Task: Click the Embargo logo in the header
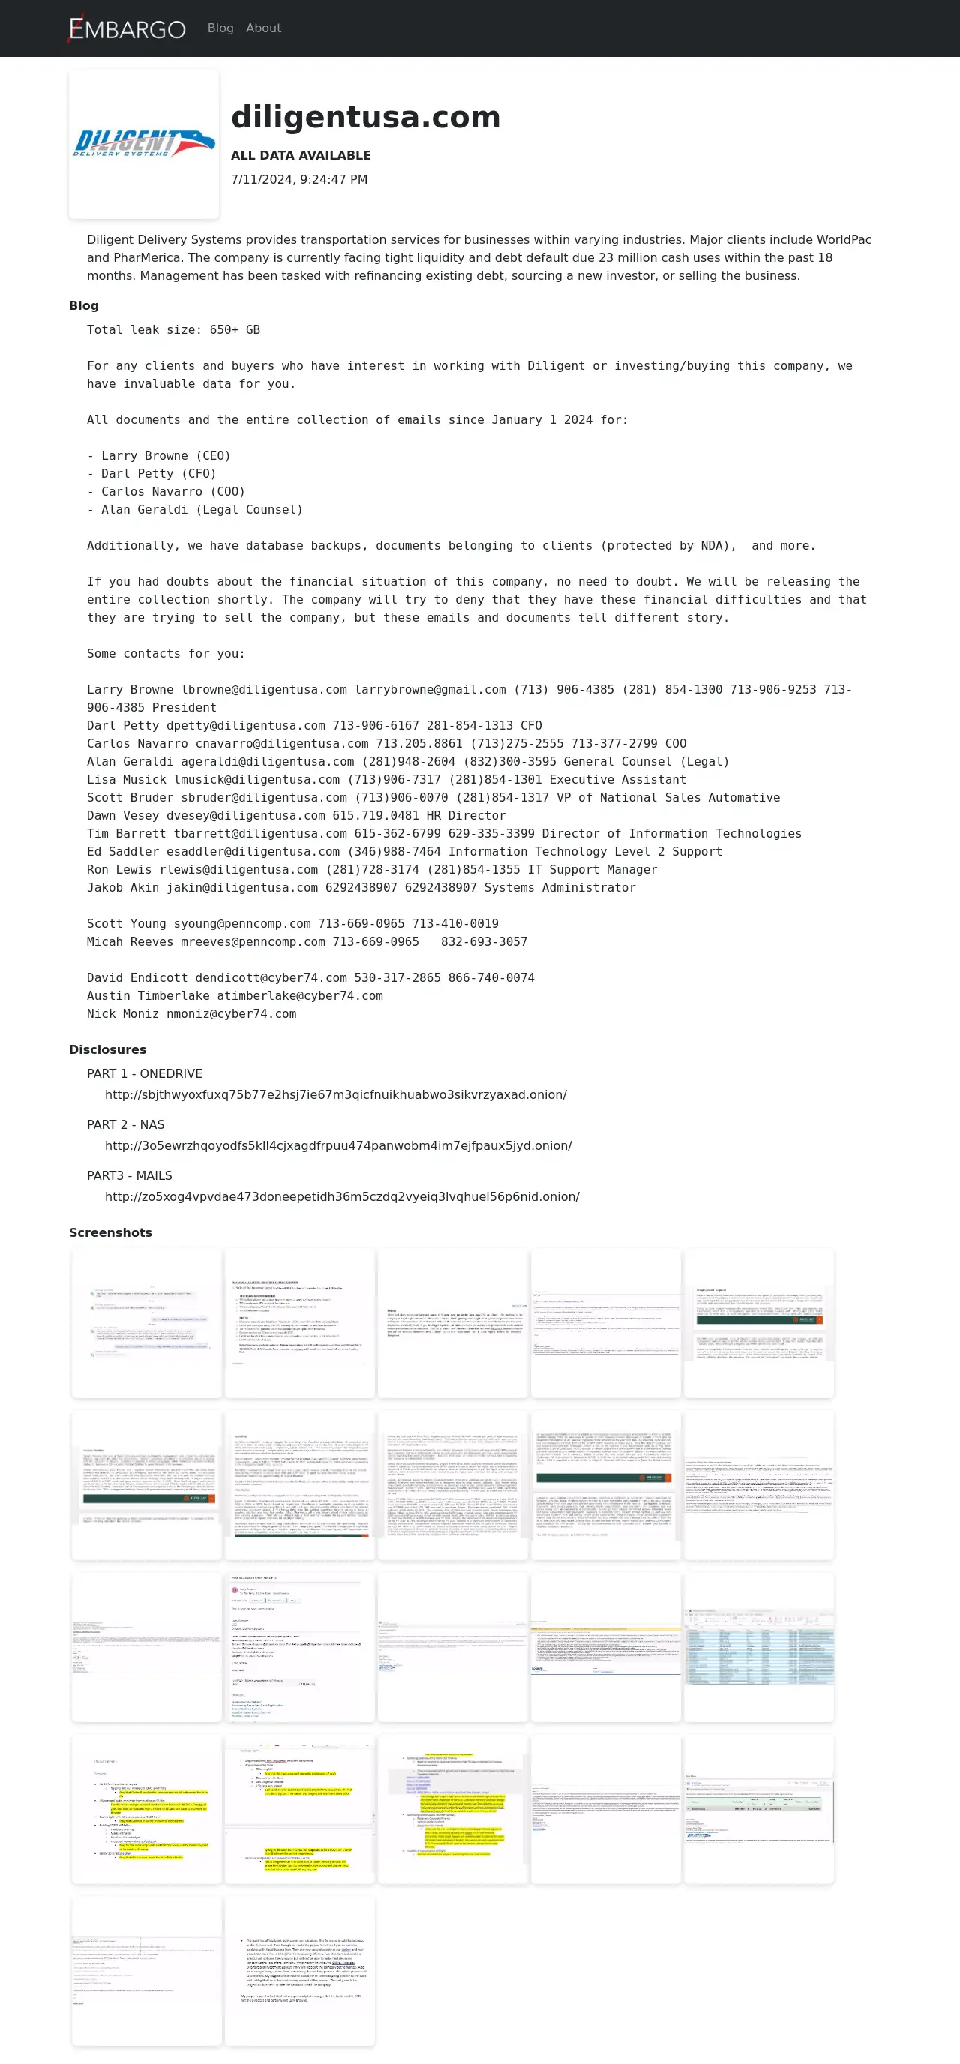click(x=127, y=28)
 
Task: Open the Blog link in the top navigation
click(x=220, y=28)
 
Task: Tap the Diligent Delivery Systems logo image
click(x=144, y=144)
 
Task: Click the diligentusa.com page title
click(x=365, y=117)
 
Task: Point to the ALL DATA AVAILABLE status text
click(x=301, y=155)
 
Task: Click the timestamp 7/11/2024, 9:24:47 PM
click(x=299, y=179)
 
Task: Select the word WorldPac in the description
click(x=844, y=239)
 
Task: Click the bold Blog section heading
click(x=84, y=305)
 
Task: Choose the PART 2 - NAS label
click(x=126, y=1125)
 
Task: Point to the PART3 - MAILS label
click(x=130, y=1175)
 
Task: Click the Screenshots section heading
click(x=110, y=1232)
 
